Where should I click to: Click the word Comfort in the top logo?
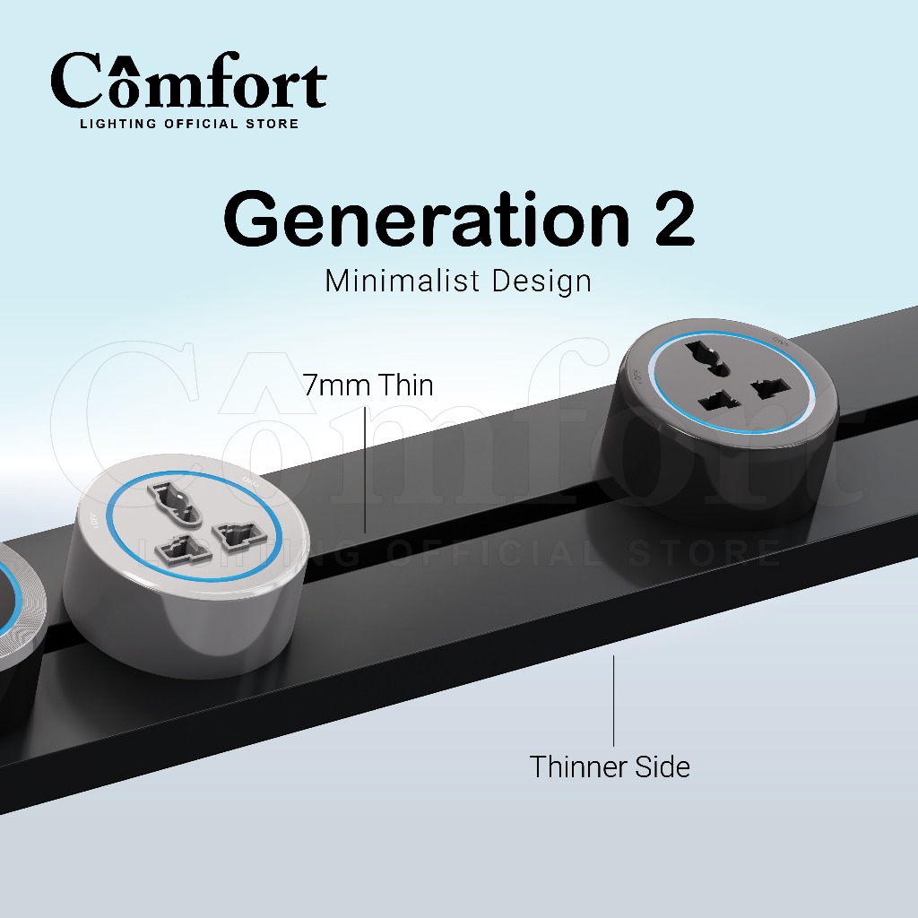click(188, 82)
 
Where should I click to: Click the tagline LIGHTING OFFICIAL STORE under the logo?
click(189, 124)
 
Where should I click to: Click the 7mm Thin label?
click(368, 385)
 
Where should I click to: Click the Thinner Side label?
click(610, 767)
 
